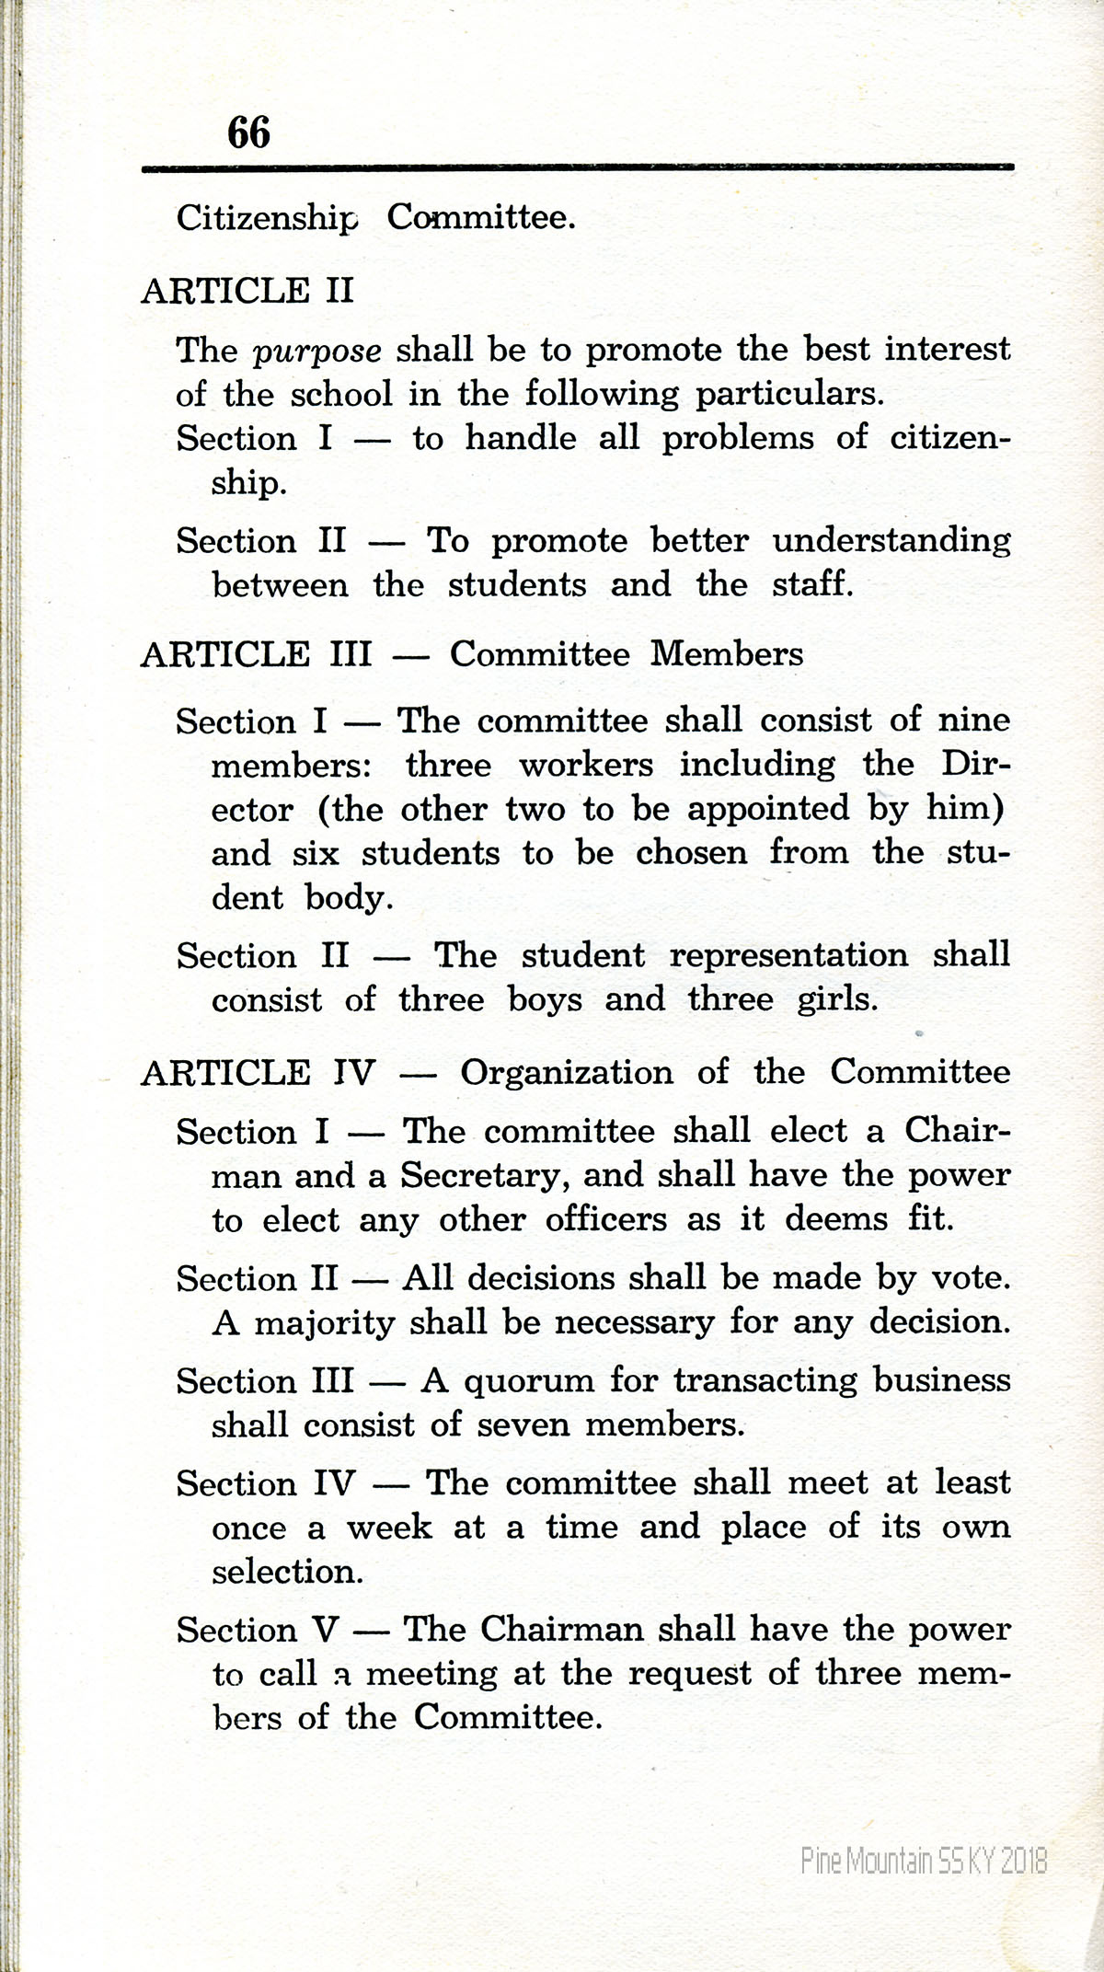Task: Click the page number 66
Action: [248, 132]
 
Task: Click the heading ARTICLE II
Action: [247, 291]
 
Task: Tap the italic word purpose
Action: [317, 352]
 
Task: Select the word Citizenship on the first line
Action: [267, 218]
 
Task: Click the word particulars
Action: [789, 395]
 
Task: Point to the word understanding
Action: [891, 541]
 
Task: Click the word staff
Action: [812, 584]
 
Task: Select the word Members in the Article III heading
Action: [727, 654]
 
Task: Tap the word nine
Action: [973, 720]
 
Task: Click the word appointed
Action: [768, 809]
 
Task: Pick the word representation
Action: [788, 955]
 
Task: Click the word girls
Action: [837, 999]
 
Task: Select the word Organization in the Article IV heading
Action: [567, 1073]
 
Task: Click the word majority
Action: [325, 1323]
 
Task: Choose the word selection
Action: [288, 1571]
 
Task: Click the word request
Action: [689, 1674]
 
